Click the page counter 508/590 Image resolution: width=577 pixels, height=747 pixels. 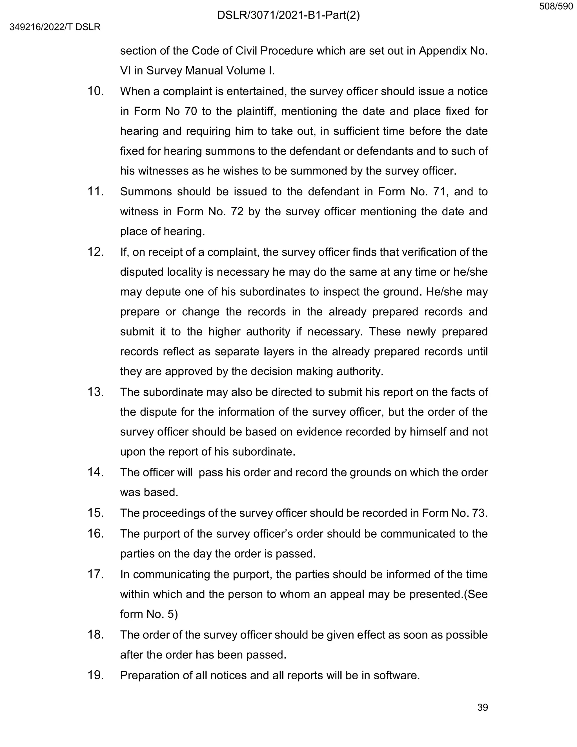(556, 6)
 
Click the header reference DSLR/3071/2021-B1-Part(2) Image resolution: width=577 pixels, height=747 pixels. (288, 16)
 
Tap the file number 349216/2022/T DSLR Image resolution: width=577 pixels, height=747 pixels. (55, 27)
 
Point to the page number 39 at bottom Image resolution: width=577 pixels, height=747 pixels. (482, 707)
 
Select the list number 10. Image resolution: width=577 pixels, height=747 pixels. (96, 91)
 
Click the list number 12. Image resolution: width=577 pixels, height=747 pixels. (96, 252)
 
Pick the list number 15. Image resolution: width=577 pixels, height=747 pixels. (96, 513)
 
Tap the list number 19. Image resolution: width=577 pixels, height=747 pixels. (96, 675)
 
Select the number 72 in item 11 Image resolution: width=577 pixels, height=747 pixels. (237, 212)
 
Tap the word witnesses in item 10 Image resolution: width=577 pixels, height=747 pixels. (163, 171)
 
